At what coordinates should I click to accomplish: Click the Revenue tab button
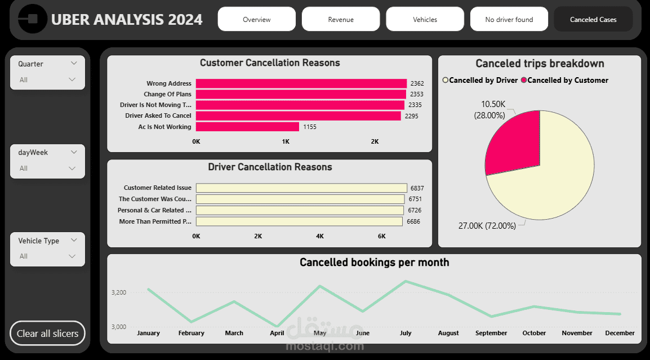pos(341,19)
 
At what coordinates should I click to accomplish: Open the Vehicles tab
pos(425,19)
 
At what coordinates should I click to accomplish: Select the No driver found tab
pos(509,19)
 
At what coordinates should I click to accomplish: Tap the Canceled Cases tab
pos(593,19)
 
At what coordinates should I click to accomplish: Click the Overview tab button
pos(256,19)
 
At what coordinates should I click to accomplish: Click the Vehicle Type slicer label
pos(38,241)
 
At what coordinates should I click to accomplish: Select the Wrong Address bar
pos(301,83)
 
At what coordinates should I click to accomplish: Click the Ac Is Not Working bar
pos(247,127)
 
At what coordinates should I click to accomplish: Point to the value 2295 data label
pos(412,116)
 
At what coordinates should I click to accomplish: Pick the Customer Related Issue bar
pos(301,188)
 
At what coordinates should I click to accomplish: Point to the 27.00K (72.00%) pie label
pos(487,225)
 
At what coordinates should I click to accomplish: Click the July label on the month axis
pos(406,333)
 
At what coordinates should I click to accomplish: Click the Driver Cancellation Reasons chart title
pos(270,167)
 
